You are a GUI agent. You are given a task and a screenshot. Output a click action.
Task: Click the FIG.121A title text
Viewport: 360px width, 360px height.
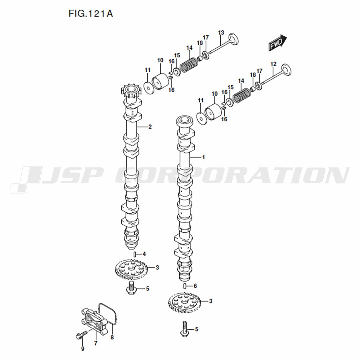(x=91, y=14)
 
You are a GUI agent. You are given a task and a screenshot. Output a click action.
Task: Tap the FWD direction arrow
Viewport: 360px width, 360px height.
(x=278, y=43)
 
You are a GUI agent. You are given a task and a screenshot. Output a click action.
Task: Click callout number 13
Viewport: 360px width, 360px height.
(x=221, y=33)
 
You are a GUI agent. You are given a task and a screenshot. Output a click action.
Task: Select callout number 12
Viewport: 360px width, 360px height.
(x=274, y=64)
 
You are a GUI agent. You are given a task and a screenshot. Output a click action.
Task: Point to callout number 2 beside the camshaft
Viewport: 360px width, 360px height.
(x=150, y=127)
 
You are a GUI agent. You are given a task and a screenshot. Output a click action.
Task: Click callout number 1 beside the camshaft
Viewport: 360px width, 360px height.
(x=203, y=157)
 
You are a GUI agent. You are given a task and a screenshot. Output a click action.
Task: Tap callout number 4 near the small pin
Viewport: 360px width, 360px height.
(x=144, y=254)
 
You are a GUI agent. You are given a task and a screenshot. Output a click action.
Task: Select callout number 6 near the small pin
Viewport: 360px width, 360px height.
(x=195, y=286)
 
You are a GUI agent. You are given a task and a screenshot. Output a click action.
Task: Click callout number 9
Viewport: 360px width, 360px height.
(x=83, y=348)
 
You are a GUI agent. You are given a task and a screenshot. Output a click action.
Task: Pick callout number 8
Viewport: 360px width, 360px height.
(x=112, y=337)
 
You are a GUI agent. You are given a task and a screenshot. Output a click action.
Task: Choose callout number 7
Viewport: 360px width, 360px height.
(x=96, y=343)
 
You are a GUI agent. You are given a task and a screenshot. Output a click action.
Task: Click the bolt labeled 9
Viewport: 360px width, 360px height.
(x=81, y=335)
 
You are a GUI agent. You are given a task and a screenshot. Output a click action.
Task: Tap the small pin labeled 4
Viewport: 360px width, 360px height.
(x=135, y=254)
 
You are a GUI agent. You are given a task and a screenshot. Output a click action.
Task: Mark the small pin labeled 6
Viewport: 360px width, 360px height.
(x=185, y=286)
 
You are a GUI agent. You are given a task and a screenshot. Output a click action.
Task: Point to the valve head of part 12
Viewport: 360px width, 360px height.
(x=287, y=71)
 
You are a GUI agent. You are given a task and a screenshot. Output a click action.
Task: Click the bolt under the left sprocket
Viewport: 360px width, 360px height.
(x=131, y=288)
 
